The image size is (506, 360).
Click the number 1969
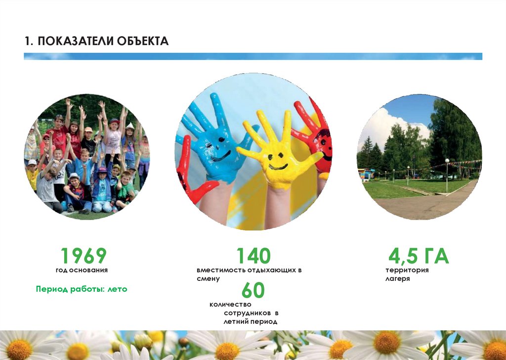84,256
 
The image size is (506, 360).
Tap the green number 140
253,256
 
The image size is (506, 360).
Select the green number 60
253,290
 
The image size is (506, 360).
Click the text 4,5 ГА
419,256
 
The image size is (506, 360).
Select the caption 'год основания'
82,270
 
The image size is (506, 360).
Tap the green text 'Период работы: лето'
82,289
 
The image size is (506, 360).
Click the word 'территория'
407,270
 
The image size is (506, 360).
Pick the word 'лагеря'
398,278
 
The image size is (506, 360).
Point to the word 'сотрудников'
248,313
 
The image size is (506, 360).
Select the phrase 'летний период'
251,321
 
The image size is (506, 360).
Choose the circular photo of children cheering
87,157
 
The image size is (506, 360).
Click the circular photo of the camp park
419,157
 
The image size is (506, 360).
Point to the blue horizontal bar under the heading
253,56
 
